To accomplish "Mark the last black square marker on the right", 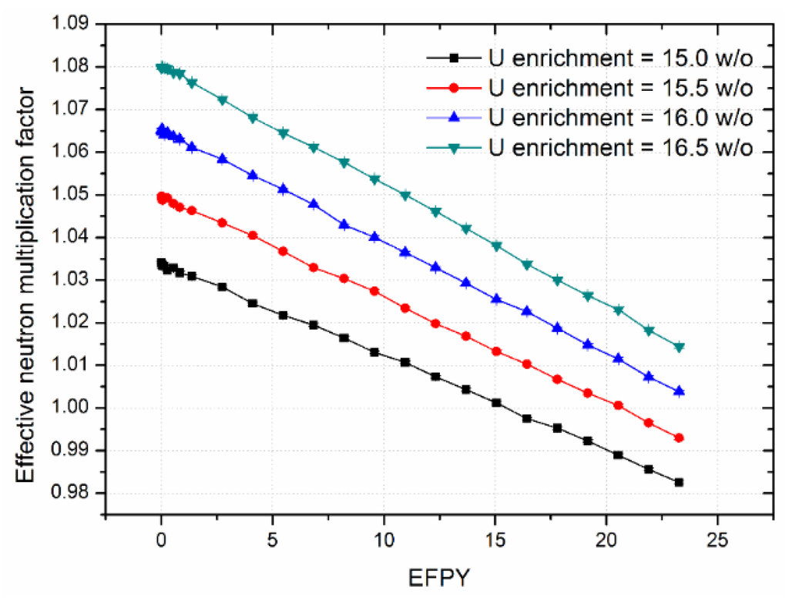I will click(679, 482).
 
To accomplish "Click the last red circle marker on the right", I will click(679, 438).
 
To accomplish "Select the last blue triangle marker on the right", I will click(679, 391).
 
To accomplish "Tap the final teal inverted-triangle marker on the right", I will click(679, 347).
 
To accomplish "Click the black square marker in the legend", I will click(455, 58).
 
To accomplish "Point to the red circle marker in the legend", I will click(455, 88).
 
